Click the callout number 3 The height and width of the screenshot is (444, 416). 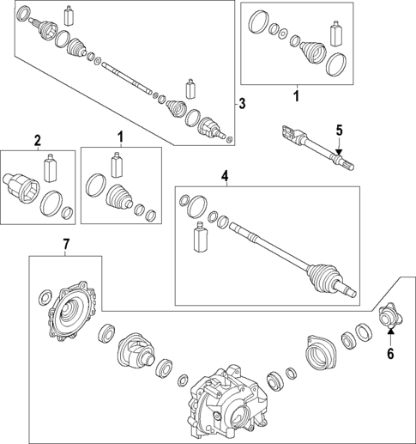coord(242,104)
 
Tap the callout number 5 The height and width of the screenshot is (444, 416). coord(339,131)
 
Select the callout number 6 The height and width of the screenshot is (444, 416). coord(390,354)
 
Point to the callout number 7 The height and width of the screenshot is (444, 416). coord(66,244)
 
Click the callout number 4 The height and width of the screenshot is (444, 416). coord(225,175)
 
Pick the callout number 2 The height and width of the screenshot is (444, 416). coord(38,141)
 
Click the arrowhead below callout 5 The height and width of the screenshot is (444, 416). coord(339,152)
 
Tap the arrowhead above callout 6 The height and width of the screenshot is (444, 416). coord(391,331)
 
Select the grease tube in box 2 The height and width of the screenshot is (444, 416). coord(50,167)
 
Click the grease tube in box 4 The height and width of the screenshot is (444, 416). coord(200,237)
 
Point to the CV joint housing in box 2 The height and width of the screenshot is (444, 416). coord(21,188)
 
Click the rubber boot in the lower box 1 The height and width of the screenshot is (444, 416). coord(119,196)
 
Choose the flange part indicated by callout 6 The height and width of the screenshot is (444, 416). coord(390,317)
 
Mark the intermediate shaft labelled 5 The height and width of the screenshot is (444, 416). coord(318,147)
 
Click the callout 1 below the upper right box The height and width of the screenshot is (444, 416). coord(297,96)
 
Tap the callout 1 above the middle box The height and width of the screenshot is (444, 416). coord(121,137)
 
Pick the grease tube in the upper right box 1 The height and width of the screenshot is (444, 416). coord(336,33)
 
